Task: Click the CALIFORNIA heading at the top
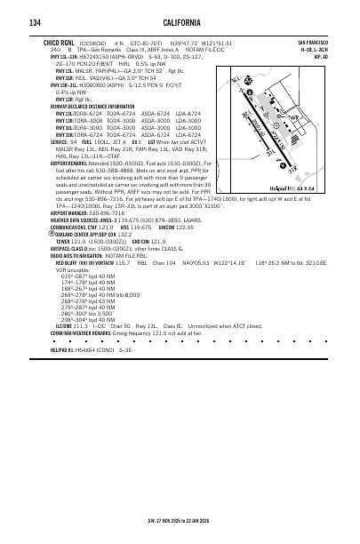(x=179, y=22)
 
